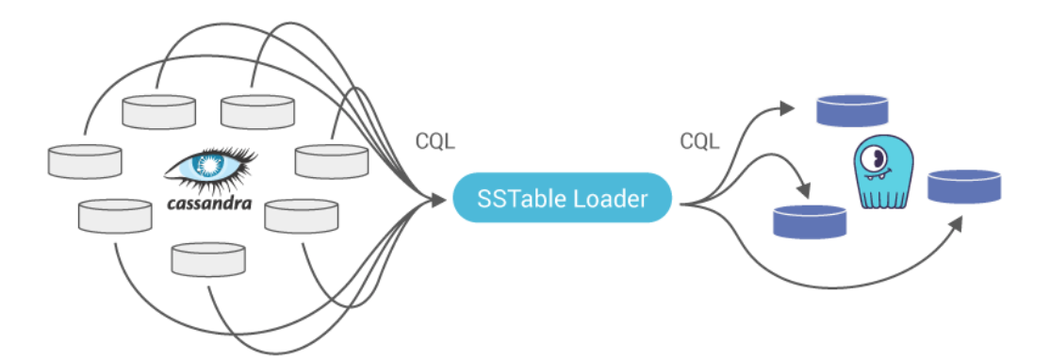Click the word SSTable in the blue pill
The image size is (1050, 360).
coord(519,199)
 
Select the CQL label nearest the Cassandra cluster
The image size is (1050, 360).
coord(435,143)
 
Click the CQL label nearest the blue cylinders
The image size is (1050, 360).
coord(700,143)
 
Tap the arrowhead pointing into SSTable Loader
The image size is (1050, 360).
coord(437,200)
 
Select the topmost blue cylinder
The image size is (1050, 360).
coord(853,110)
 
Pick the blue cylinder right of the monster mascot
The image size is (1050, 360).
coord(964,186)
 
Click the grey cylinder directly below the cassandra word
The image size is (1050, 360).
coord(208,258)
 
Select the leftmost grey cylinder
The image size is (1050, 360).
coord(85,161)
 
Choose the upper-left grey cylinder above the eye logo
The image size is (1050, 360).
coord(159,111)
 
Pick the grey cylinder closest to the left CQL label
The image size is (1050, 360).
coord(331,160)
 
